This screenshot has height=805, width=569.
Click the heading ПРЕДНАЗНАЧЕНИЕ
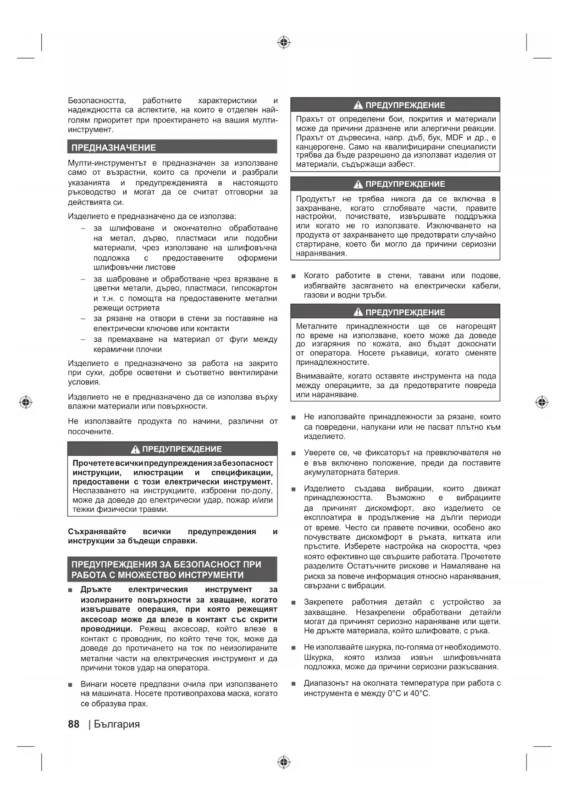tap(114, 148)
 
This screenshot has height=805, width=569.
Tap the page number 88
tap(73, 724)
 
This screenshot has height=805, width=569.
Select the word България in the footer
tap(117, 724)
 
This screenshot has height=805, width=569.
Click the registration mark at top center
tap(284, 43)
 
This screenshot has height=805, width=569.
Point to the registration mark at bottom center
tap(284, 762)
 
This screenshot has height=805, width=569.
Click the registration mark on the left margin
tap(26, 402)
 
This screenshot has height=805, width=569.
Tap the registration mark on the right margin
tap(541, 402)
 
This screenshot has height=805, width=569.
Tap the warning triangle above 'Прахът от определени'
tap(358, 105)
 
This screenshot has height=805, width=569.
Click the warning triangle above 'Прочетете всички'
tap(135, 449)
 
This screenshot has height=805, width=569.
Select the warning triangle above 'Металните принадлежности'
tap(358, 313)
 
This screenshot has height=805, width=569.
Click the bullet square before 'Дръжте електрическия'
tap(70, 590)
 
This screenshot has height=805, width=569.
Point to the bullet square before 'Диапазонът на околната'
tap(293, 684)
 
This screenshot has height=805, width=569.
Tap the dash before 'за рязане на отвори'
tap(83, 319)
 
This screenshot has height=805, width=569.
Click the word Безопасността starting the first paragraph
tap(97, 101)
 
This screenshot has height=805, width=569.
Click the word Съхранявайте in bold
tap(97, 531)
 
